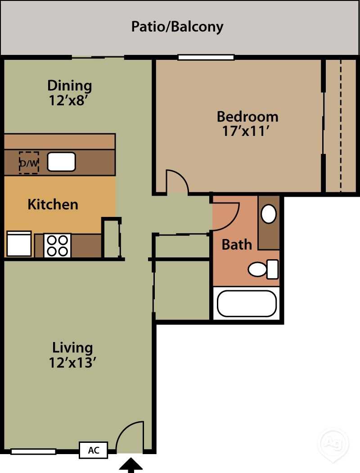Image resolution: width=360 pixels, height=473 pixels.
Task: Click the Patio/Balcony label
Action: pos(177,27)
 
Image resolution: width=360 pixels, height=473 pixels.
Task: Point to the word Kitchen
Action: pos(53,204)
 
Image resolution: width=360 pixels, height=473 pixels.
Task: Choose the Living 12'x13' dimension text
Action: pos(72,362)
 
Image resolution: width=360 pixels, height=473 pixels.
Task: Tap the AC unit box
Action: pos(93,450)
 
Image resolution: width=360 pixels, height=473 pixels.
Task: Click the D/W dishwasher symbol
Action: pos(29,163)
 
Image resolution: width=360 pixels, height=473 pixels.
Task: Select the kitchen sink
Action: pos(61,162)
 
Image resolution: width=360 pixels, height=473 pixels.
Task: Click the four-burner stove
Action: pos(57,245)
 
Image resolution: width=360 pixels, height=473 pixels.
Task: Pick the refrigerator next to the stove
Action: pos(19,244)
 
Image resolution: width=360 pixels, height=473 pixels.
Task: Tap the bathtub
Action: pos(246,303)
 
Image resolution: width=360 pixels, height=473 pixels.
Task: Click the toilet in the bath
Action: pos(264,269)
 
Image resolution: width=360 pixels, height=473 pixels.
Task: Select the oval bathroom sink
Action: pos(269,214)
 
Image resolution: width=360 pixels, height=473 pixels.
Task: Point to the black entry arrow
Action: pos(130,465)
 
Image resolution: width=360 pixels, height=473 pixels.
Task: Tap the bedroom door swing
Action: pos(177,182)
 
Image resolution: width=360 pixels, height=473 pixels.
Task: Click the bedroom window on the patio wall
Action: pos(206,57)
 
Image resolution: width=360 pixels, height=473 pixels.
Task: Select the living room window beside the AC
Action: pos(33,451)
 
